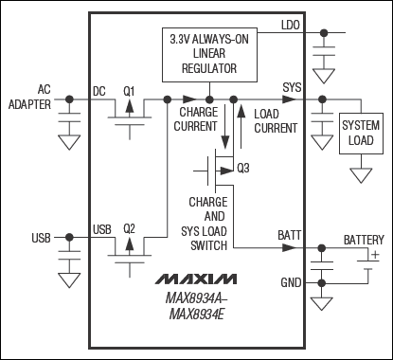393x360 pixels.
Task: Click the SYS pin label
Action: [x=292, y=87]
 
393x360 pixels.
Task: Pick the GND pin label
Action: [x=290, y=282]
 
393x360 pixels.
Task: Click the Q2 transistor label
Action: [x=131, y=228]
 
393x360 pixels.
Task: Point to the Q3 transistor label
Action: [x=243, y=168]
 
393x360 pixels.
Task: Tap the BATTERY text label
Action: [x=364, y=240]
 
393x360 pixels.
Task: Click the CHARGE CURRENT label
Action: [x=199, y=117]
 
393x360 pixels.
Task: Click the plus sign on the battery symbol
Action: [x=374, y=255]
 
